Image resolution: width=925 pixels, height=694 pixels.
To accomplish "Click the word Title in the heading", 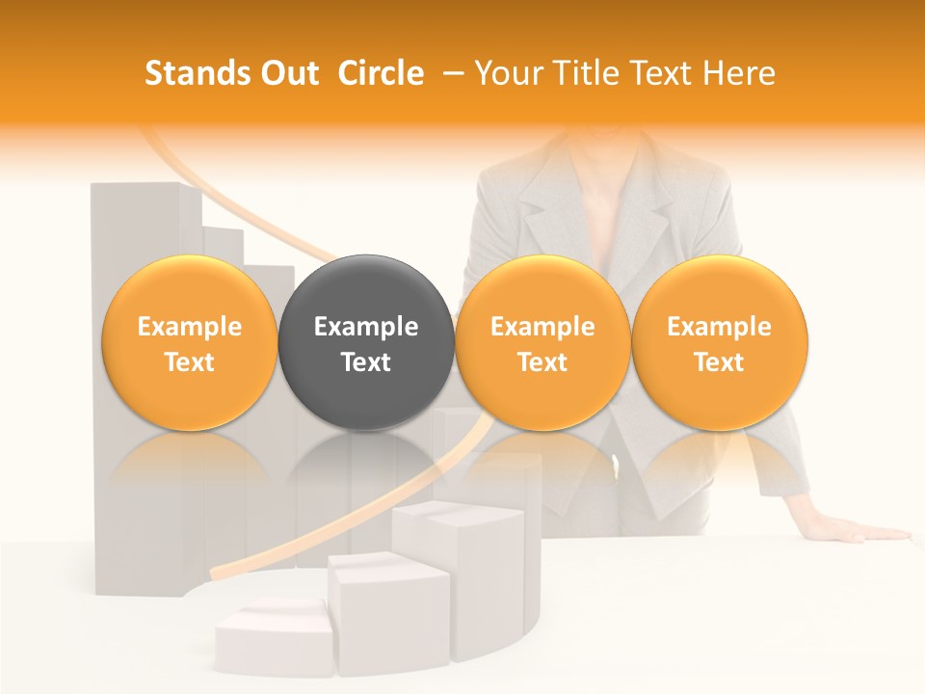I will [580, 74].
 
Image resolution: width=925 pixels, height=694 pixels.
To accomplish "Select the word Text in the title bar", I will [656, 74].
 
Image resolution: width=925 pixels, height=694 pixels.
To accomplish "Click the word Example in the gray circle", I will [366, 327].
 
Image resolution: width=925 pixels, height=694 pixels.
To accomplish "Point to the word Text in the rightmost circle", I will [719, 362].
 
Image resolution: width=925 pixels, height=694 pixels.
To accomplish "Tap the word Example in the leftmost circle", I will [190, 327].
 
